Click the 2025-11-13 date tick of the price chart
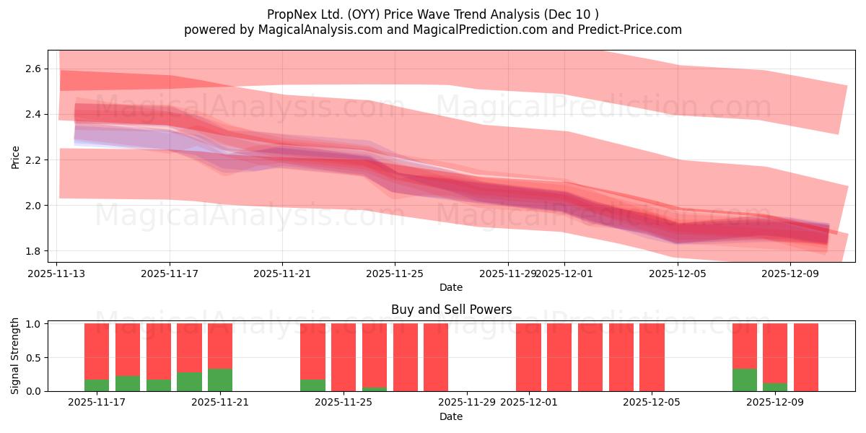(x=57, y=274)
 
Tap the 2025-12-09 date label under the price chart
(x=790, y=274)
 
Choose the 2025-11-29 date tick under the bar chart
(x=468, y=403)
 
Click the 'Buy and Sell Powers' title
(x=451, y=310)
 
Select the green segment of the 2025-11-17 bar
(x=97, y=385)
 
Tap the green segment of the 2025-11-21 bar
(x=220, y=380)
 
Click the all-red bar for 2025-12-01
(x=528, y=357)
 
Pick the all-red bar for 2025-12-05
(x=652, y=357)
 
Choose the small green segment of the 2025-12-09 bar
(x=775, y=388)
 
